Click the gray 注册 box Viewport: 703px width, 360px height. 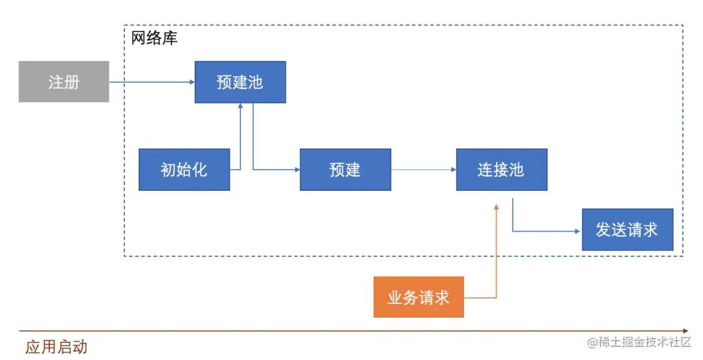point(64,81)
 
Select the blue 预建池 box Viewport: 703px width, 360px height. point(240,82)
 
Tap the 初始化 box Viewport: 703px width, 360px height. point(184,169)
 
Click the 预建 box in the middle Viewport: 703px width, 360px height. point(345,169)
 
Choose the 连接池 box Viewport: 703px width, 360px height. point(501,169)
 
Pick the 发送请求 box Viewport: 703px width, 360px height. point(627,230)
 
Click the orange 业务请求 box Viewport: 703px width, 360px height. point(419,298)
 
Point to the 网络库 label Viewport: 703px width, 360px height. point(154,38)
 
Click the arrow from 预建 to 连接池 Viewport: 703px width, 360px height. point(423,170)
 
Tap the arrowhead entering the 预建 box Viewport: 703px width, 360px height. point(296,170)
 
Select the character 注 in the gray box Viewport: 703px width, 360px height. point(56,82)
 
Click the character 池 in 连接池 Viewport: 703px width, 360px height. point(516,170)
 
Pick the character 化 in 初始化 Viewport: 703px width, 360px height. point(200,170)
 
